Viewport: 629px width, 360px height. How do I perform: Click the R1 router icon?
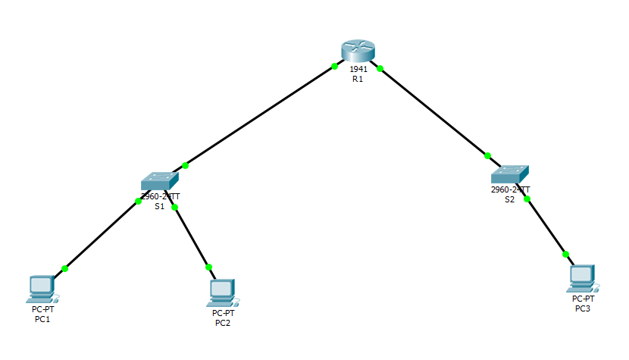click(x=358, y=49)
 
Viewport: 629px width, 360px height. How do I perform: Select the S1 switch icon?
click(x=159, y=181)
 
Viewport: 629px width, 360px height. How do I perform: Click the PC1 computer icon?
click(x=42, y=286)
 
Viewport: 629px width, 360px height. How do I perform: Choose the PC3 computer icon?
click(x=582, y=278)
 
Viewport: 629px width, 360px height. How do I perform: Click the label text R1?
click(x=358, y=79)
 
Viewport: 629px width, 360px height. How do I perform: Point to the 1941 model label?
click(x=358, y=69)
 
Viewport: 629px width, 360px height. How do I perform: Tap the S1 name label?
click(x=160, y=205)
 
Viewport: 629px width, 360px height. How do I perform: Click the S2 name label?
click(x=510, y=199)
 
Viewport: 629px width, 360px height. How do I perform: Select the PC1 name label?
click(x=42, y=319)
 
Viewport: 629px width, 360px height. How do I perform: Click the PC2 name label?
click(x=223, y=323)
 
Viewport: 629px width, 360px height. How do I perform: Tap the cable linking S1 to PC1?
click(x=102, y=235)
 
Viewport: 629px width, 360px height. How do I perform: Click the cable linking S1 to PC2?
click(x=191, y=236)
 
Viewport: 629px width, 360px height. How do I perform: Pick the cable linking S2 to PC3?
click(x=546, y=226)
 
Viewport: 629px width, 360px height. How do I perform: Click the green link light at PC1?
click(x=65, y=268)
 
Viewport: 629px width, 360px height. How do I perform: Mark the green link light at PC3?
click(x=565, y=254)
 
